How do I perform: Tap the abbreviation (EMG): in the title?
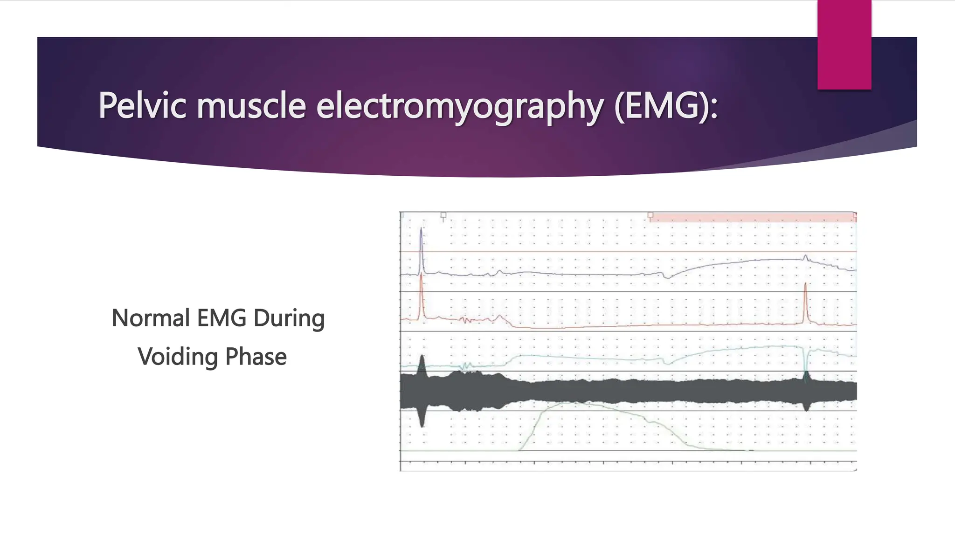pos(666,106)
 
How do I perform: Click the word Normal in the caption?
pos(151,318)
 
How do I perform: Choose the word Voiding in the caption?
pos(178,357)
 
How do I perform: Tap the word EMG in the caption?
pos(221,318)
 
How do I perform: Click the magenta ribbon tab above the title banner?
pos(844,44)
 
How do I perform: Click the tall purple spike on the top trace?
pos(422,247)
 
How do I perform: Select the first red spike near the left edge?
pos(422,294)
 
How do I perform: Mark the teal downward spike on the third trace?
pos(806,364)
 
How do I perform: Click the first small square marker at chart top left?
pos(443,215)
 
